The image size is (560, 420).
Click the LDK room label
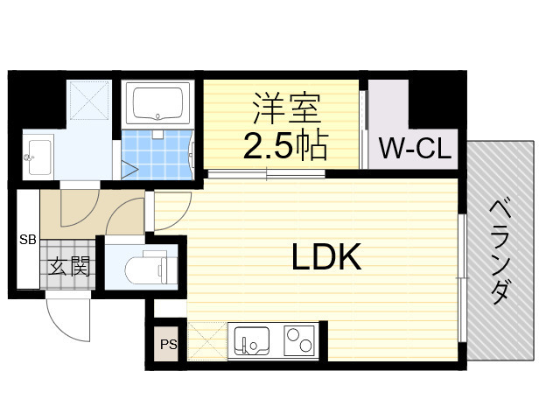tap(326, 257)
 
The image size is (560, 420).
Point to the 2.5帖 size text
tap(285, 145)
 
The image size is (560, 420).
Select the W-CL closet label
tap(416, 149)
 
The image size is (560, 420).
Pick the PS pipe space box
tap(167, 344)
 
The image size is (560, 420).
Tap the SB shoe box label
tap(27, 238)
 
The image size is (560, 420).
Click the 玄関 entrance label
tap(68, 264)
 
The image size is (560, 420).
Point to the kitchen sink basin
tap(253, 339)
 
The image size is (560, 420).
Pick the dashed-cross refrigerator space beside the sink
tap(206, 340)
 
